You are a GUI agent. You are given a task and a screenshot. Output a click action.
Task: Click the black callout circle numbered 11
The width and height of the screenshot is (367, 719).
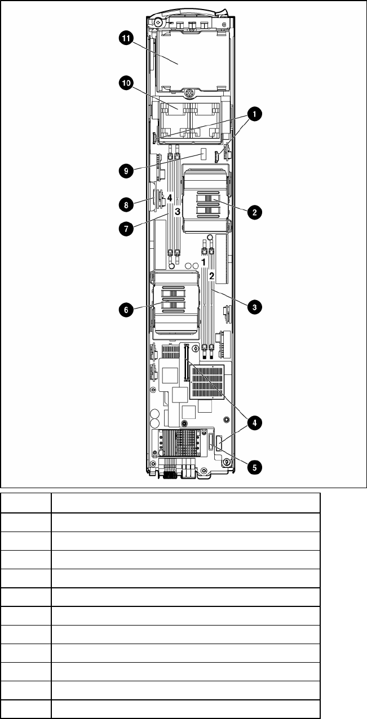point(126,39)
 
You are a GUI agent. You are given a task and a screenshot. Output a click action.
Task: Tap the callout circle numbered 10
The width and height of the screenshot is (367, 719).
point(126,83)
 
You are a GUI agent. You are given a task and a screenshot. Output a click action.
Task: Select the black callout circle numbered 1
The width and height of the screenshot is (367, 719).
point(254,114)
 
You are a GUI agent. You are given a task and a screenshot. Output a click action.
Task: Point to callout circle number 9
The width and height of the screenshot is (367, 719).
point(126,171)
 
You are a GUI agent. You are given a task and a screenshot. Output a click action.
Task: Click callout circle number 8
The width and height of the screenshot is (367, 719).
point(126,204)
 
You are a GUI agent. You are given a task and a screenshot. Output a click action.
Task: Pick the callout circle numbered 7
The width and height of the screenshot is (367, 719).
point(126,229)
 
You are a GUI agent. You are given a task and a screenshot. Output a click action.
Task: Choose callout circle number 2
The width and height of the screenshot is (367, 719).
point(254,212)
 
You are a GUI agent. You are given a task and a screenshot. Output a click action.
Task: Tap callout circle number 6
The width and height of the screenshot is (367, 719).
point(126,310)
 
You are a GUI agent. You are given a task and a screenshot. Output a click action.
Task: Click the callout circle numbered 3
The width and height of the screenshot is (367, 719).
point(254,307)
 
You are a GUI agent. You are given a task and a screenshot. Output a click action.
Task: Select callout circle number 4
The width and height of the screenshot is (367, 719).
point(254,423)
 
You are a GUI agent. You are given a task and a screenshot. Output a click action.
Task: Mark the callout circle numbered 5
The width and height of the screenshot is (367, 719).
point(254,467)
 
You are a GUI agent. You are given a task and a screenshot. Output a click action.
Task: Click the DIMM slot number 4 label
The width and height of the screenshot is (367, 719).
point(170,198)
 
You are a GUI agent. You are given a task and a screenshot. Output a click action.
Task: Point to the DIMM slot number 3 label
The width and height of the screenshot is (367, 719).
point(178,212)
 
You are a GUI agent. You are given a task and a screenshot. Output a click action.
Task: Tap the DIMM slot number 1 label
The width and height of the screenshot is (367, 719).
point(204,262)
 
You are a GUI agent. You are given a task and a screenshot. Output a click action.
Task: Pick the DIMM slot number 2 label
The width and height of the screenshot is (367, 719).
point(211,276)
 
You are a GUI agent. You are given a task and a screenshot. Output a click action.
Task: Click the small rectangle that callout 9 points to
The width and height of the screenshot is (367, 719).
point(203,154)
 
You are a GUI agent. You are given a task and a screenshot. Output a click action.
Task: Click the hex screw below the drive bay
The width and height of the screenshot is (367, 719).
point(189,93)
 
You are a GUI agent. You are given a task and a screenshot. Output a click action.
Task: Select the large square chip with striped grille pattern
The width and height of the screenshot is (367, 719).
point(207,382)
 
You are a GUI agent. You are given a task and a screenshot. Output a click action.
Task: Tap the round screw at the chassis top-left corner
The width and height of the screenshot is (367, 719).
point(158,23)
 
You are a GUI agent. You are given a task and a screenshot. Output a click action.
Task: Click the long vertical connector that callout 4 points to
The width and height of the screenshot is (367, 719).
point(185,362)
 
